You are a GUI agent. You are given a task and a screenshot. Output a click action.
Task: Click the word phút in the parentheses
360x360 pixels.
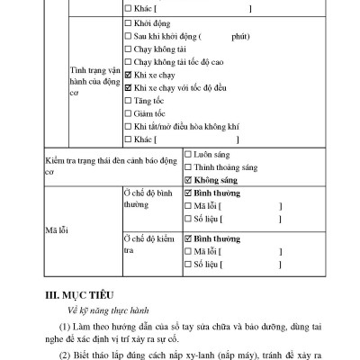tap(238, 39)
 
